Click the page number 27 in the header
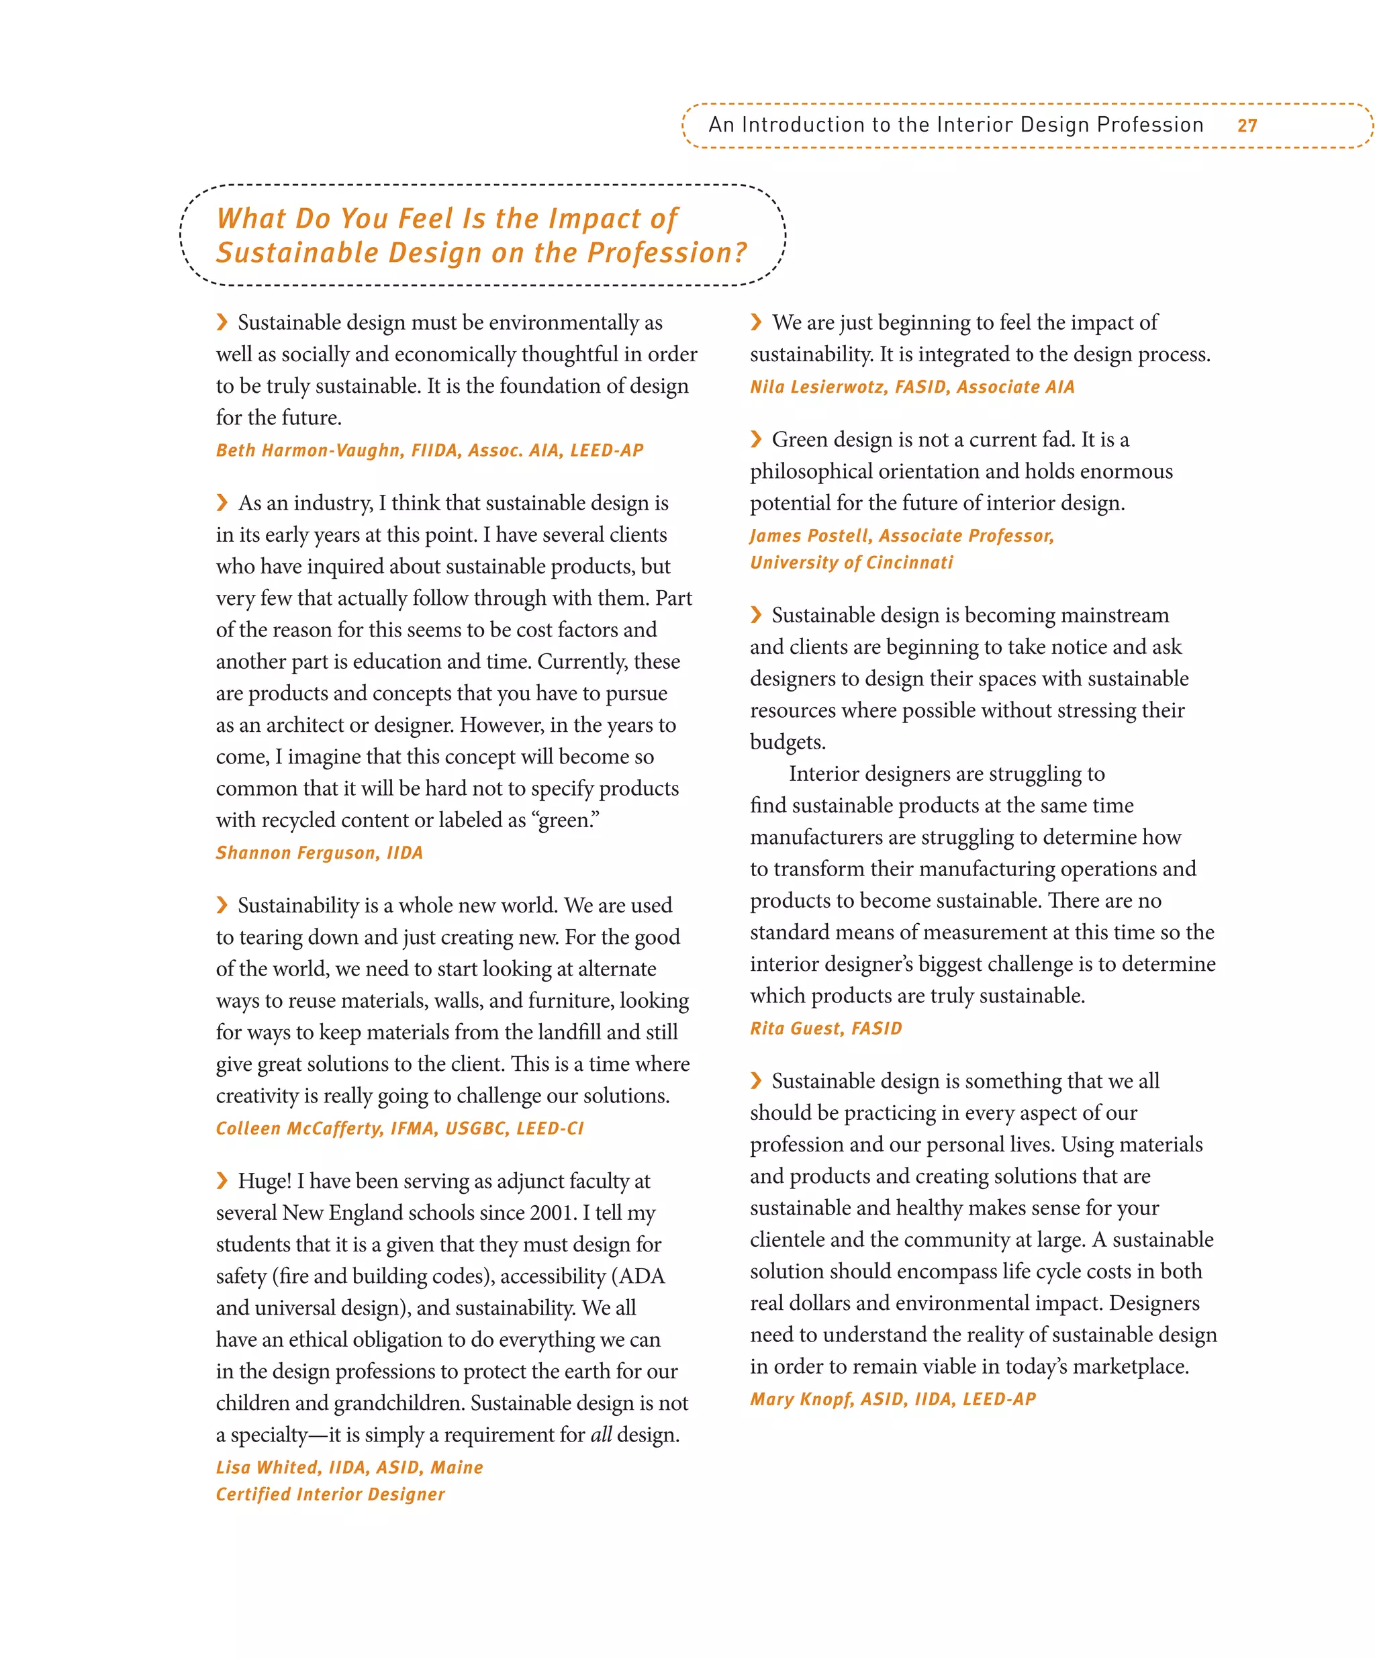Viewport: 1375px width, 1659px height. coord(1246,126)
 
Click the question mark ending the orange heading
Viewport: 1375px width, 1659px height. coord(739,253)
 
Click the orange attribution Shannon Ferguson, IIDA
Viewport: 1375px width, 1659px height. coord(319,853)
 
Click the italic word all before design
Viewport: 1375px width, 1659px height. coord(601,1435)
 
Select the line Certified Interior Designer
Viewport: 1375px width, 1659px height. coord(330,1495)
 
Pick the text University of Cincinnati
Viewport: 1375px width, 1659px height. coord(851,563)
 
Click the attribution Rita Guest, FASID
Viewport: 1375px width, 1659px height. coord(825,1029)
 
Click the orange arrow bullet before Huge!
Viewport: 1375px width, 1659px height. coord(222,1180)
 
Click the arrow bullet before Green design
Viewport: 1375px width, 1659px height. coord(756,439)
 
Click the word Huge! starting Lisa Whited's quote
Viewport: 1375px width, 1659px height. coord(265,1181)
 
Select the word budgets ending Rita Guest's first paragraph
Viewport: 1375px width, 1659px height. coord(787,743)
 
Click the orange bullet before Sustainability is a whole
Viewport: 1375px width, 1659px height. coord(222,904)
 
